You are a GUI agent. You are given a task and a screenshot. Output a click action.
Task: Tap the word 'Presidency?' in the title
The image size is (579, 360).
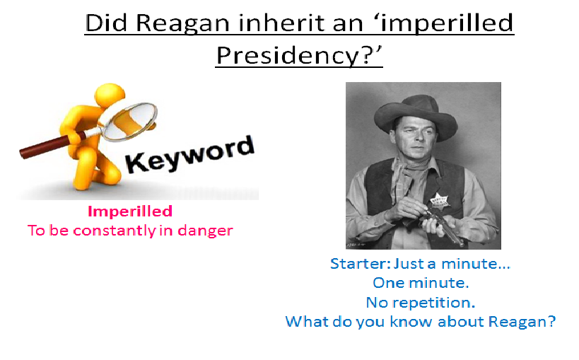pos(298,54)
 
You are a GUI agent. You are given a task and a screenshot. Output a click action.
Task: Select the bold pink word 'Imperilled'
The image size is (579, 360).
pos(130,211)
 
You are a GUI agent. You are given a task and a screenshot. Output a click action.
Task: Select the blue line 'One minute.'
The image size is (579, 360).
pos(421,283)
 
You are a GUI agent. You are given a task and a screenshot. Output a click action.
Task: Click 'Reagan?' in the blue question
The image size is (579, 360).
pos(522,321)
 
